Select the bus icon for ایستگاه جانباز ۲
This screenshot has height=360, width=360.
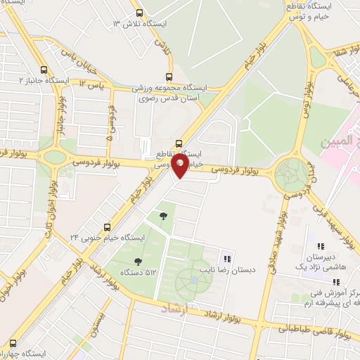[44, 70]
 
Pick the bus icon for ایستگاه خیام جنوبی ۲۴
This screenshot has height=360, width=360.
[107, 227]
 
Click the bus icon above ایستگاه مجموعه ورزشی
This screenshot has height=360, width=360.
[168, 77]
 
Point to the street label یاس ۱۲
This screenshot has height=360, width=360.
[91, 84]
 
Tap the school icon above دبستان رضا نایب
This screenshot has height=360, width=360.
[226, 255]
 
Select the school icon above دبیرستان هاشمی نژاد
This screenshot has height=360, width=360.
[321, 246]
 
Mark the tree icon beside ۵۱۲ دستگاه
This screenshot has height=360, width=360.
[162, 215]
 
